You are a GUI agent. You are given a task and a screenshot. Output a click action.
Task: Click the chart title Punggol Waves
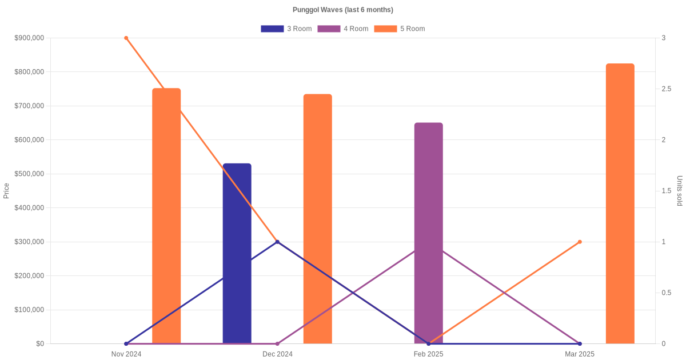pyautogui.click(x=342, y=10)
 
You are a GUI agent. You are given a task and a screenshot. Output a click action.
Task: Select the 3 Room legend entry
pyautogui.click(x=286, y=29)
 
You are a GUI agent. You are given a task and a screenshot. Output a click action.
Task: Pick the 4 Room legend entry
pyautogui.click(x=342, y=29)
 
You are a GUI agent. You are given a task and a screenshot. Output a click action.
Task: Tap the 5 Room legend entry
pyautogui.click(x=399, y=29)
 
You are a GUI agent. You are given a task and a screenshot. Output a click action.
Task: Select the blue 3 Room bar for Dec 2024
pyautogui.click(x=237, y=254)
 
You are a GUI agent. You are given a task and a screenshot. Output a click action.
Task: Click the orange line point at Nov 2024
pyautogui.click(x=126, y=38)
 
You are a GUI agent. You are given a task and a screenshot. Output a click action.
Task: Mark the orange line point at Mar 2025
pyautogui.click(x=580, y=242)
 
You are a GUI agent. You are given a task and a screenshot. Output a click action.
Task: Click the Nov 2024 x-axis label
pyautogui.click(x=126, y=354)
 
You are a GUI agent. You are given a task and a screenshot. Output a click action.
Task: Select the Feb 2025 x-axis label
pyautogui.click(x=429, y=354)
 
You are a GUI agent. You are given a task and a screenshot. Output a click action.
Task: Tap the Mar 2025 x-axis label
pyautogui.click(x=580, y=354)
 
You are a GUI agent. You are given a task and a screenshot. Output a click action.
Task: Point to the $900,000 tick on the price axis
pyautogui.click(x=29, y=38)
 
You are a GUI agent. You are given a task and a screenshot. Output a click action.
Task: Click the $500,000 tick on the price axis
pyautogui.click(x=29, y=174)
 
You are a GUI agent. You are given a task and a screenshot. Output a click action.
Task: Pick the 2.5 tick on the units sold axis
pyautogui.click(x=667, y=89)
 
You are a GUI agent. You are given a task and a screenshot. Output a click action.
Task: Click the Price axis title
pyautogui.click(x=6, y=191)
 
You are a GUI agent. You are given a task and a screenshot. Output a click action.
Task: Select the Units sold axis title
pyautogui.click(x=680, y=191)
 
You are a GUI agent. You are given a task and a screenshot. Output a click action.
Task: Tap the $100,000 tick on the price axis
pyautogui.click(x=29, y=310)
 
